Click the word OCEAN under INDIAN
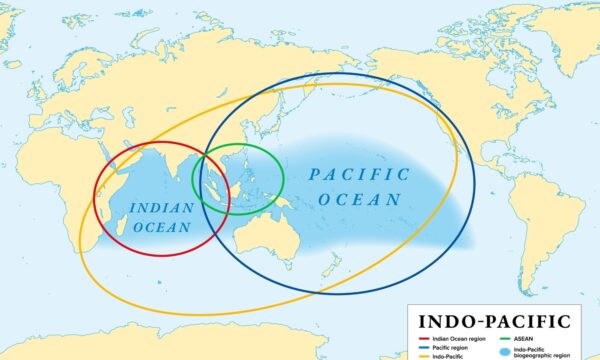pos(161,228)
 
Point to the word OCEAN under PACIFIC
pos(359,199)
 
